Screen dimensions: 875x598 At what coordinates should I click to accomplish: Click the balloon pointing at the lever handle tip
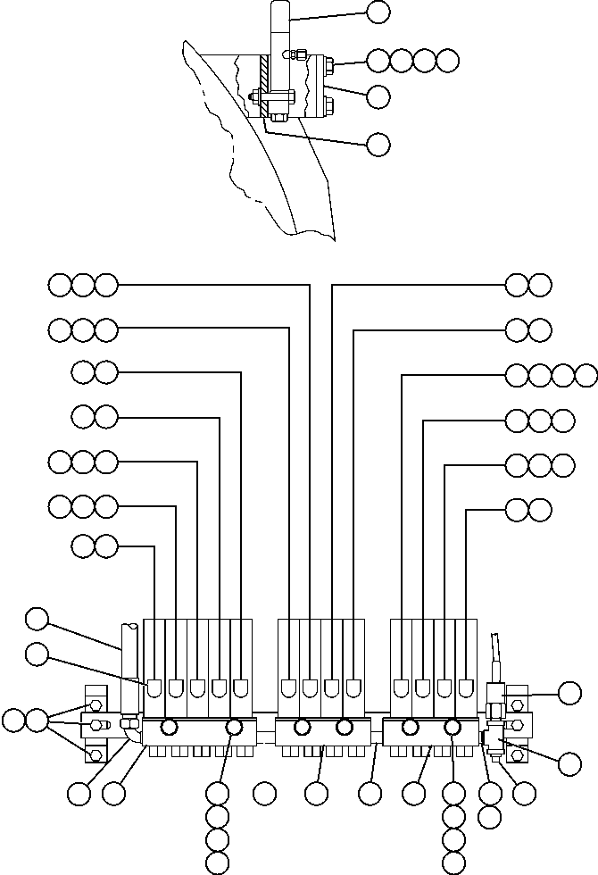coord(378,12)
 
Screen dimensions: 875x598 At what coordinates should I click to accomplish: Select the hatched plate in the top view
coord(265,84)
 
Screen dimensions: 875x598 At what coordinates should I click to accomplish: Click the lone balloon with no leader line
coord(263,791)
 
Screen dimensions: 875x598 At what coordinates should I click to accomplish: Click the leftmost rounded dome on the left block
coord(154,688)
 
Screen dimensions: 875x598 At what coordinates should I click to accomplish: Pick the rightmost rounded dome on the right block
coord(466,688)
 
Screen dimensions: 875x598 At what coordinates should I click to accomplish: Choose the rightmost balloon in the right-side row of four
coord(586,375)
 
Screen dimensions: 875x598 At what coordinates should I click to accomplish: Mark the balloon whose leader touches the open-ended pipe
coord(37,618)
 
